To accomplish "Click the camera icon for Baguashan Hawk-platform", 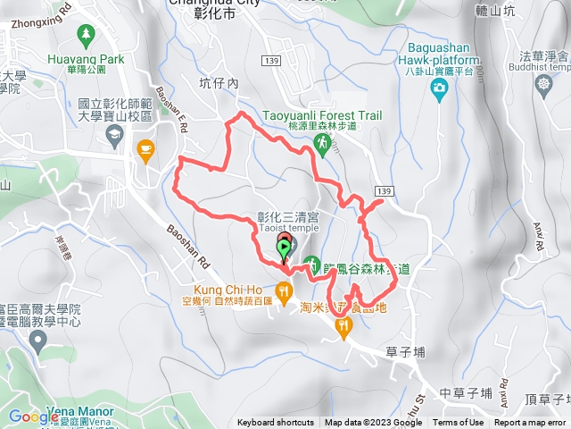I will (x=439, y=88).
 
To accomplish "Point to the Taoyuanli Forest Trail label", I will (x=322, y=115).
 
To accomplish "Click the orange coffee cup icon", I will (x=144, y=148).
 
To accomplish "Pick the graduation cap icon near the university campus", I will (x=115, y=135).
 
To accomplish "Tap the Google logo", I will (x=33, y=416).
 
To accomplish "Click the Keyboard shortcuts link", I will (x=276, y=423).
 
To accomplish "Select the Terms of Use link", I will (x=458, y=423).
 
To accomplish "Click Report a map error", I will (x=530, y=423).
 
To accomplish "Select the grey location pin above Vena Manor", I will (x=37, y=341).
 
